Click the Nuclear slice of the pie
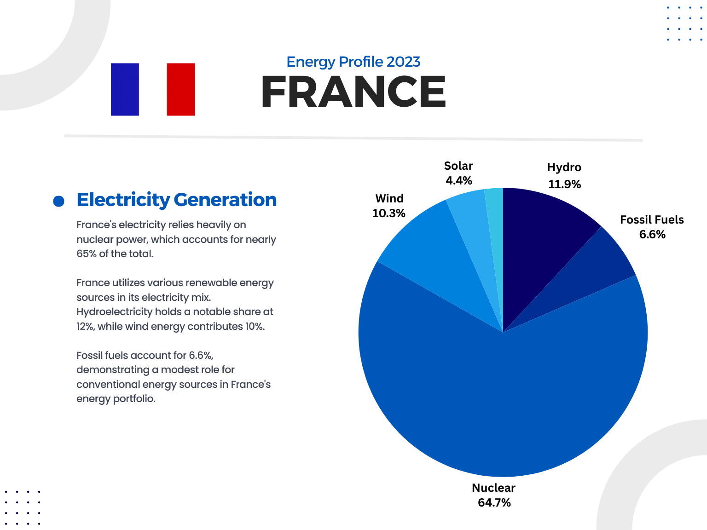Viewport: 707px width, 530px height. tap(502, 405)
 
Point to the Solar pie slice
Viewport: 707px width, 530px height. tap(474, 230)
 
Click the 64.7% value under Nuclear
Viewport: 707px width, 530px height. tap(494, 502)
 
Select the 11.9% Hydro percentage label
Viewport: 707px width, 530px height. tap(564, 184)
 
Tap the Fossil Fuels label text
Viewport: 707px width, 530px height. tap(652, 219)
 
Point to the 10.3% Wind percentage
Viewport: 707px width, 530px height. tap(388, 213)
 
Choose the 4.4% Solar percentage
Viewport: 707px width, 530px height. tap(458, 180)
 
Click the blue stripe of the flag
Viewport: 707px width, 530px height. tap(125, 89)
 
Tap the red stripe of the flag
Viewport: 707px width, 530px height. tap(181, 89)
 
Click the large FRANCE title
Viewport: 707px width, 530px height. tap(353, 92)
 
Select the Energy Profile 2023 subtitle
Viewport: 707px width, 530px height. tap(353, 62)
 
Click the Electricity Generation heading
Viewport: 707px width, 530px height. tap(176, 200)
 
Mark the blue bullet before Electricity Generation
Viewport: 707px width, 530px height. tap(58, 201)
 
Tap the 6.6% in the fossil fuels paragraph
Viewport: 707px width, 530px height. tap(200, 355)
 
